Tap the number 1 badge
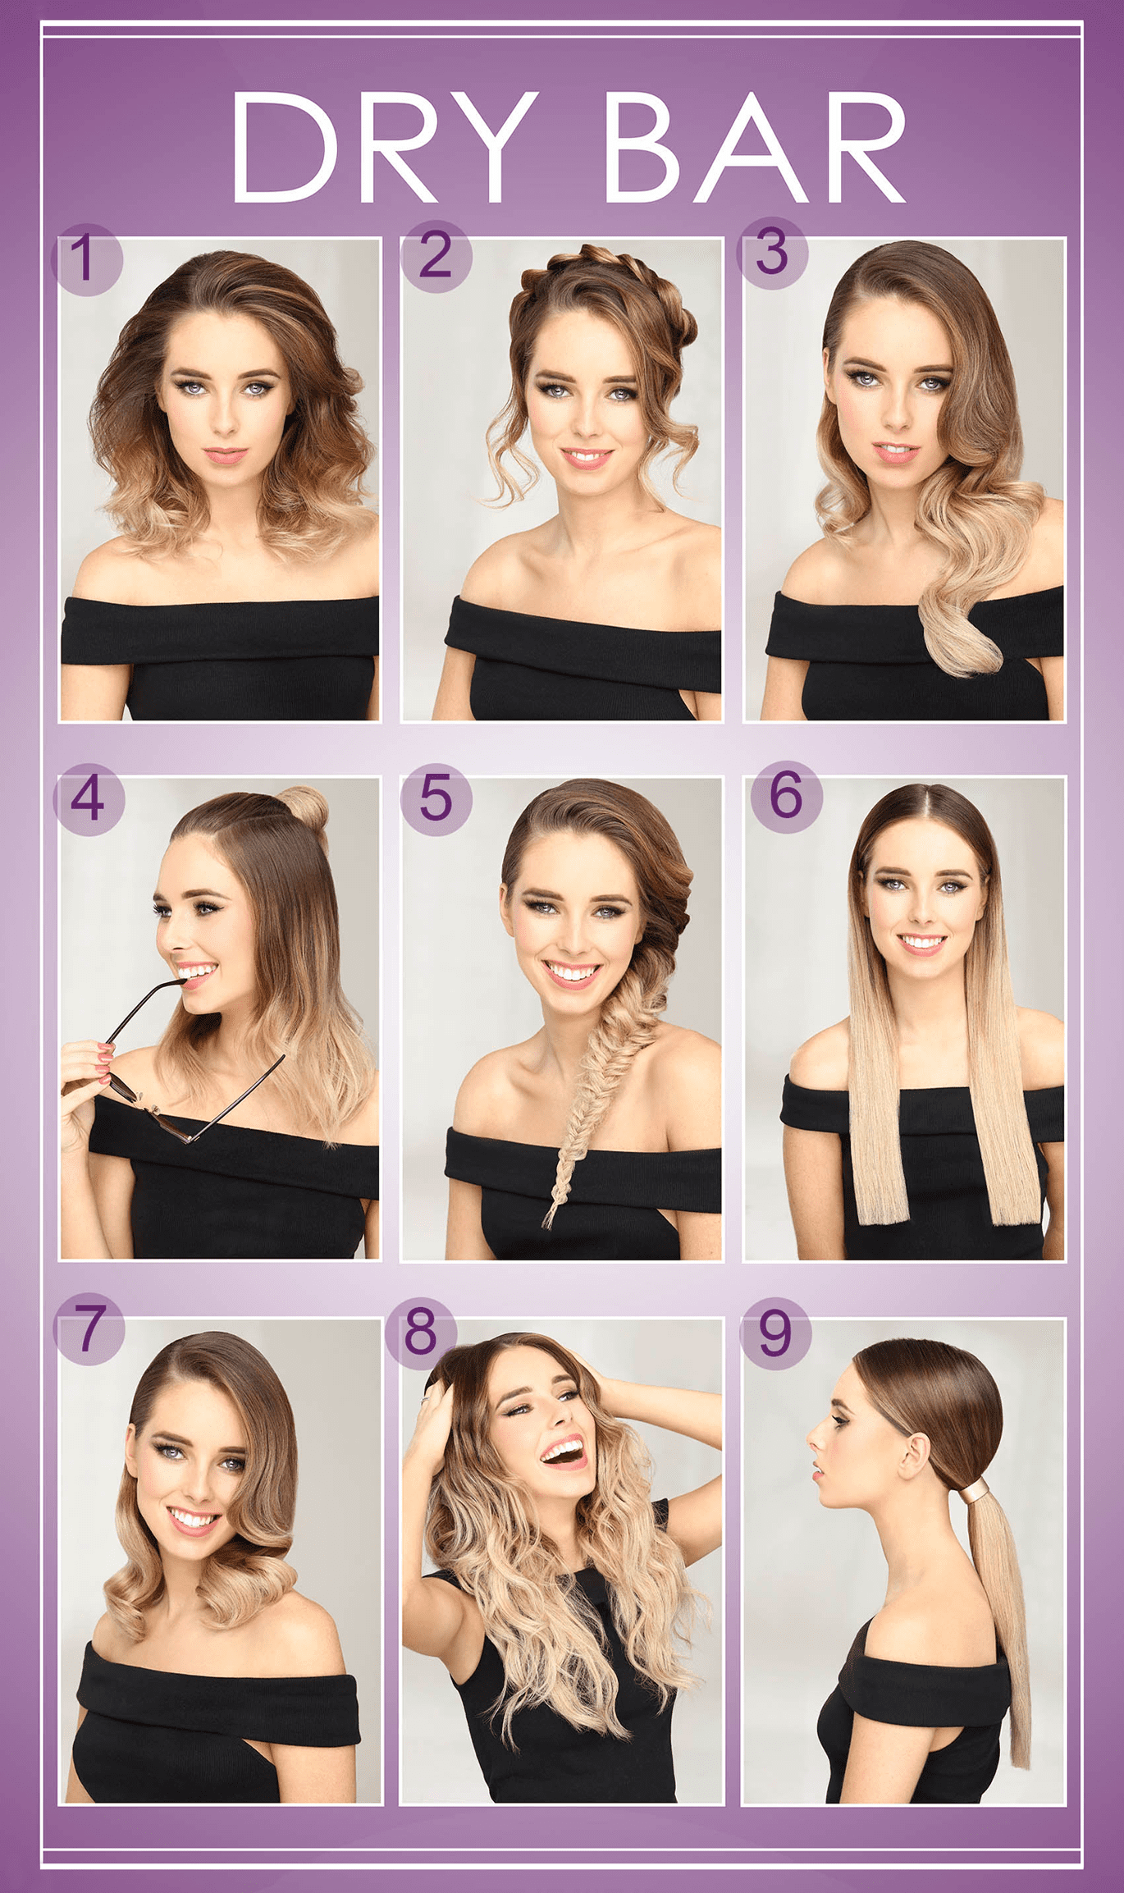tap(86, 258)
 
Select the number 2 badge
tap(436, 255)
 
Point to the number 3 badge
tap(772, 253)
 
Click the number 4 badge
tap(89, 798)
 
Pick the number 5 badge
tap(436, 798)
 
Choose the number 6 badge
tap(786, 796)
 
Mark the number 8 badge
tap(421, 1331)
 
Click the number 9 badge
tap(775, 1333)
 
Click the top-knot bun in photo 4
tap(305, 807)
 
